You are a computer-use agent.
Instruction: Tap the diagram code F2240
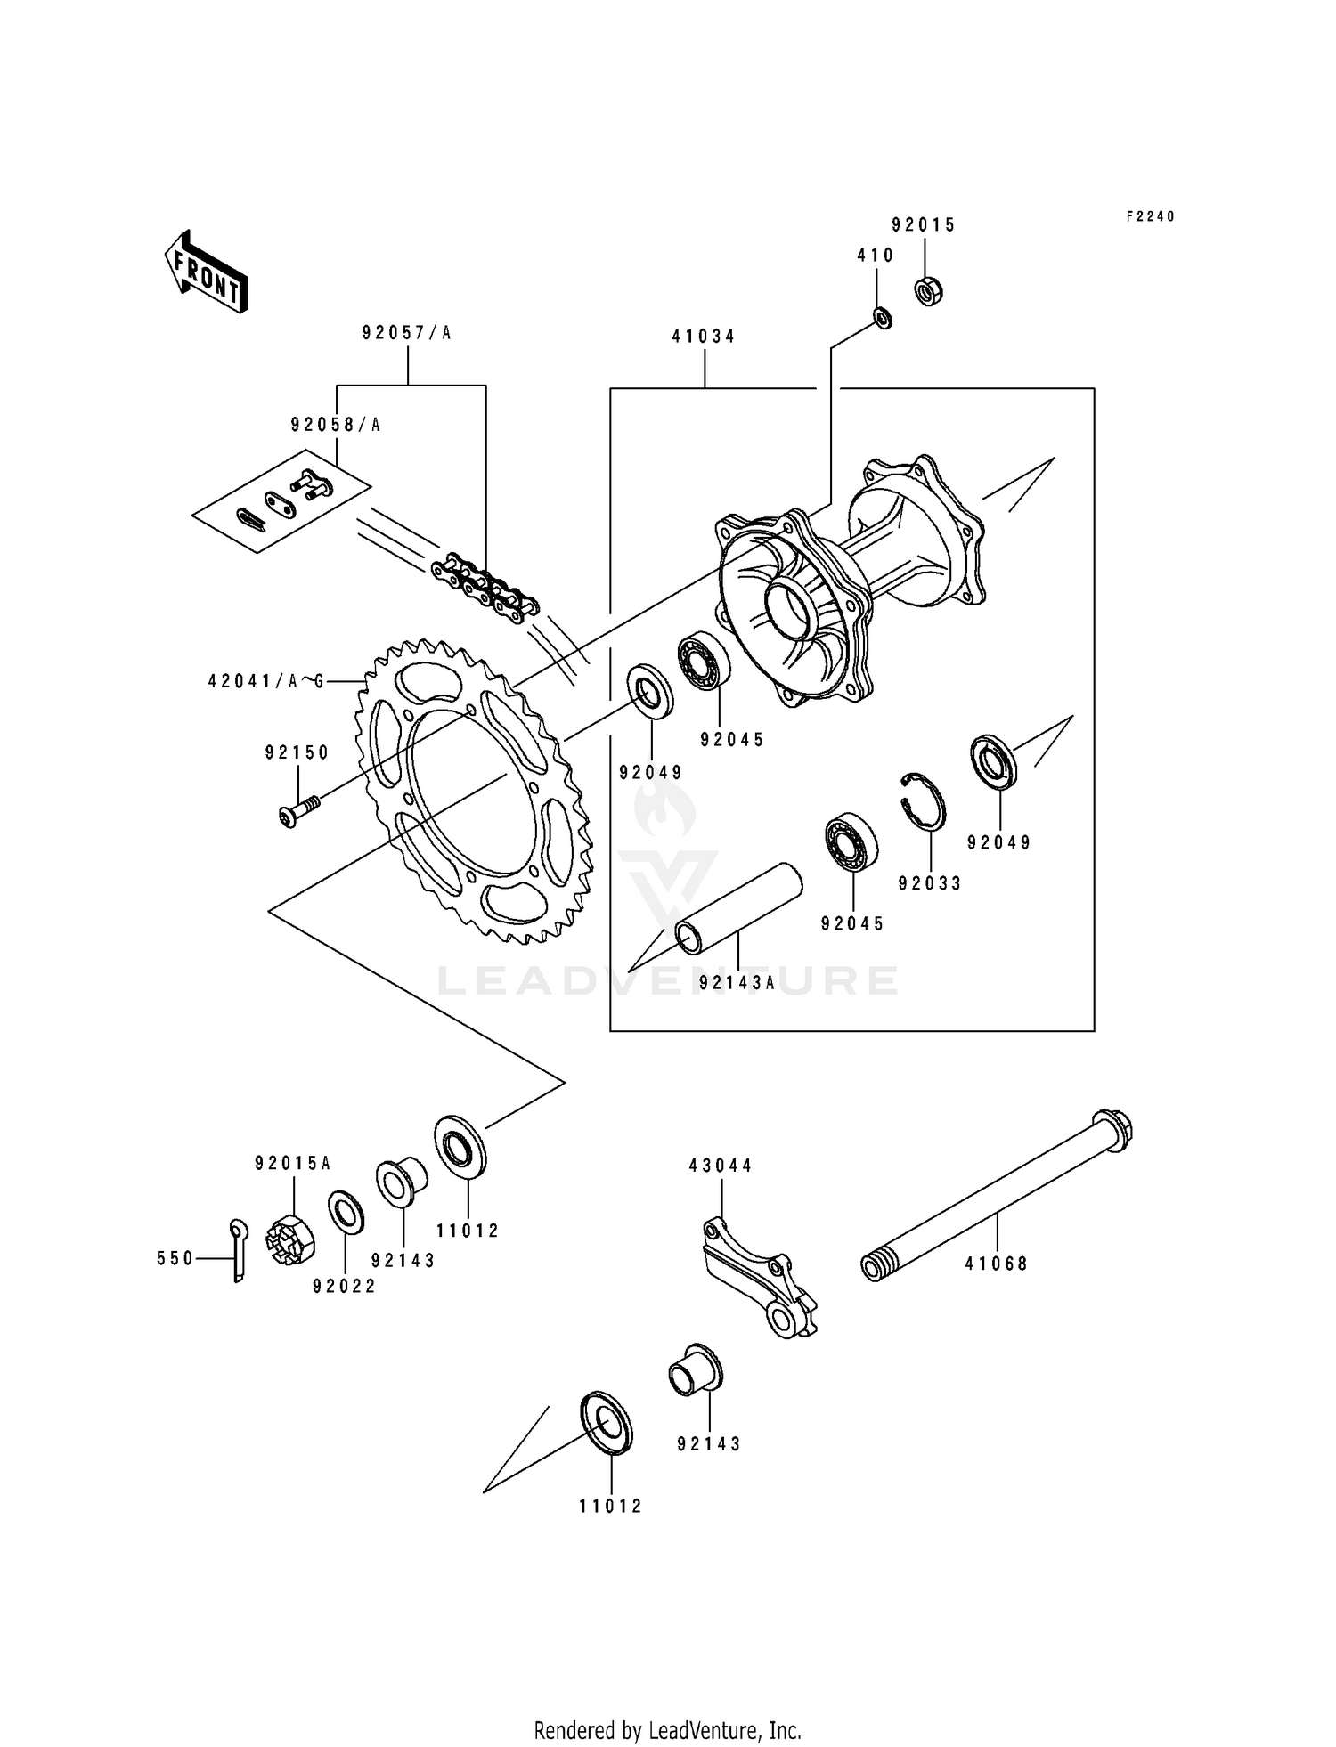[x=1150, y=216]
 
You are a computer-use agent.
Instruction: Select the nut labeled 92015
[x=929, y=291]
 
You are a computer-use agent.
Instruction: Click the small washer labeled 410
[x=883, y=317]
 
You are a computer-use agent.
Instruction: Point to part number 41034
[x=704, y=337]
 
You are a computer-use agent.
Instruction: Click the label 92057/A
[x=407, y=333]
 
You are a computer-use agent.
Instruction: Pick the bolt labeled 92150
[x=297, y=811]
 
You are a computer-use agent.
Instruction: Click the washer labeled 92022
[x=346, y=1212]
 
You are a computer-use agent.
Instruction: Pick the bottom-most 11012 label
[x=610, y=1507]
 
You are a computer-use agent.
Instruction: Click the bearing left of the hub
[x=705, y=662]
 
